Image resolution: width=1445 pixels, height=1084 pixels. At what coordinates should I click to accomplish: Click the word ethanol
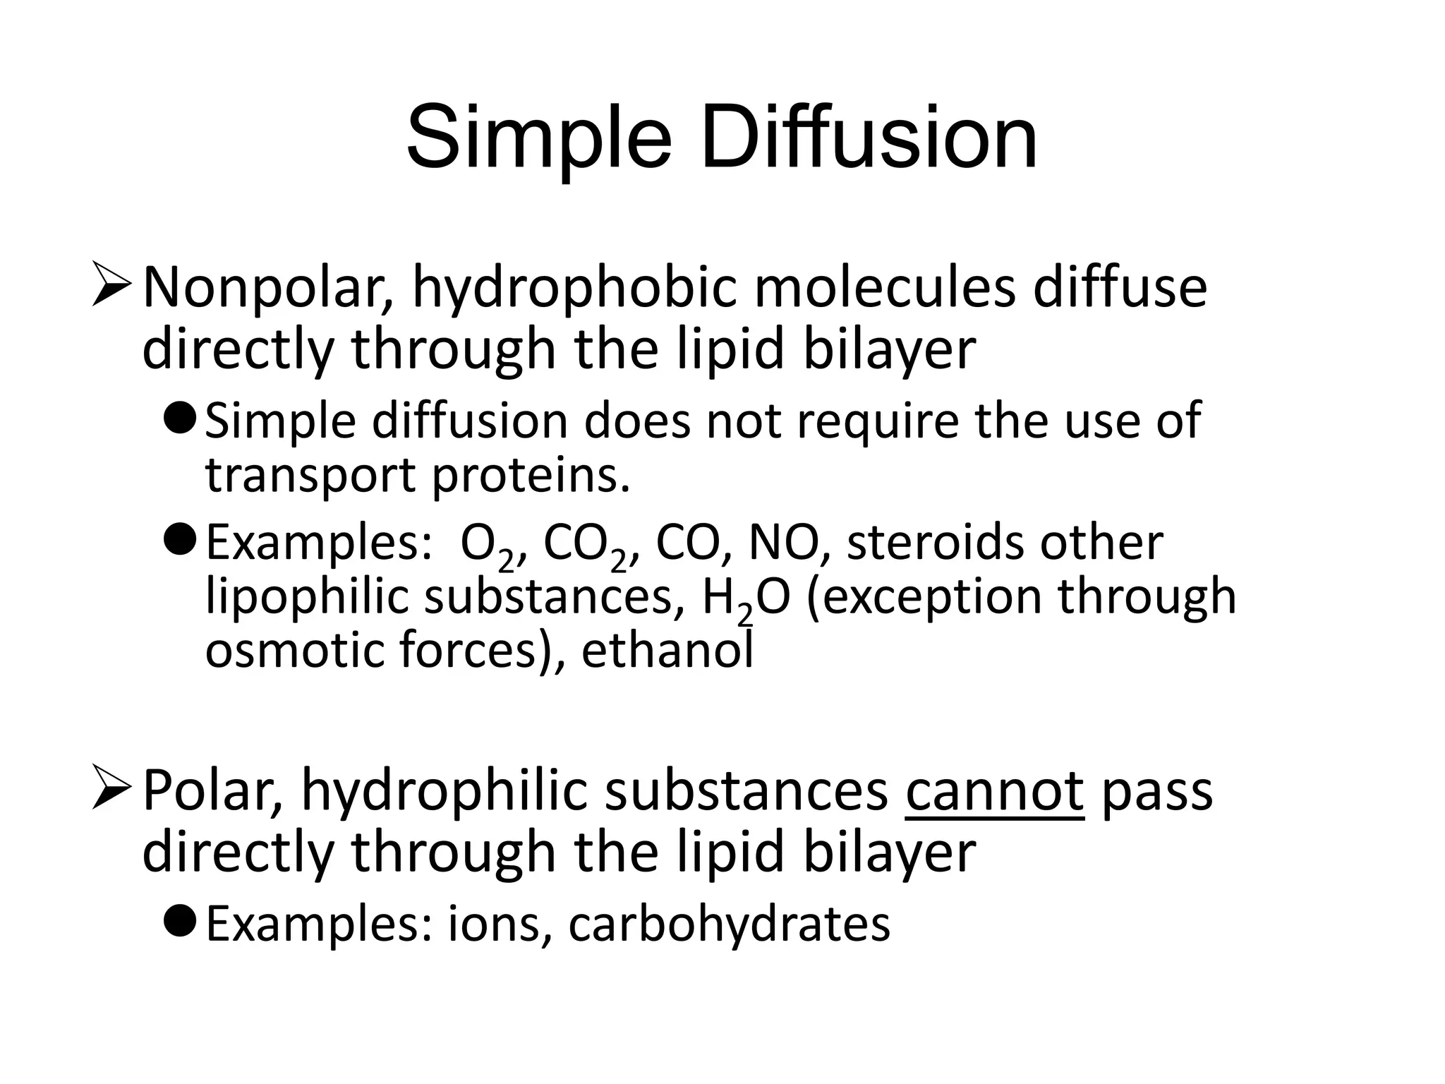(x=667, y=650)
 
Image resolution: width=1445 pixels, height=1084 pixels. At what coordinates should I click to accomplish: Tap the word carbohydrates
(x=729, y=925)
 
